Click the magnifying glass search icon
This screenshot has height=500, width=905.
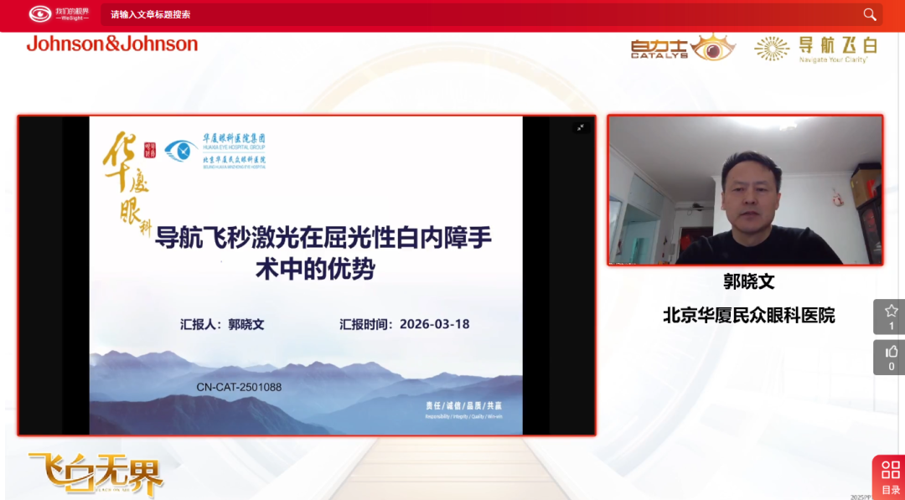pyautogui.click(x=870, y=14)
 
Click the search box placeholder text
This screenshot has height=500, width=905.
pyautogui.click(x=151, y=14)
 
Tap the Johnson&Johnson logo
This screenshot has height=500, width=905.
pyautogui.click(x=112, y=44)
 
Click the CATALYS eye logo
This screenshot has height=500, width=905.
pyautogui.click(x=683, y=47)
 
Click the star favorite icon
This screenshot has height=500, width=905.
pyautogui.click(x=891, y=311)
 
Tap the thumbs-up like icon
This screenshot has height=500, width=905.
pyautogui.click(x=891, y=352)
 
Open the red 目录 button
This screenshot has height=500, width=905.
pyautogui.click(x=890, y=476)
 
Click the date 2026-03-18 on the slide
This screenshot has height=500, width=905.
pyautogui.click(x=434, y=324)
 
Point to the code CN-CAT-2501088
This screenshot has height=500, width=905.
pyautogui.click(x=239, y=387)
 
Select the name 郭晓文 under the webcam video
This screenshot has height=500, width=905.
pyautogui.click(x=748, y=282)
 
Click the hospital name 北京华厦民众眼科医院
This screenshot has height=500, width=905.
pyautogui.click(x=748, y=315)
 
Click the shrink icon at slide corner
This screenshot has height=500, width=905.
pyautogui.click(x=579, y=127)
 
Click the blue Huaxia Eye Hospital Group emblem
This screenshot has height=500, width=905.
pyautogui.click(x=181, y=151)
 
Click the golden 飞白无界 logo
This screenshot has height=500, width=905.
pyautogui.click(x=96, y=474)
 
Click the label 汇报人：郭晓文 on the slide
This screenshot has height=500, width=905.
pyautogui.click(x=222, y=324)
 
